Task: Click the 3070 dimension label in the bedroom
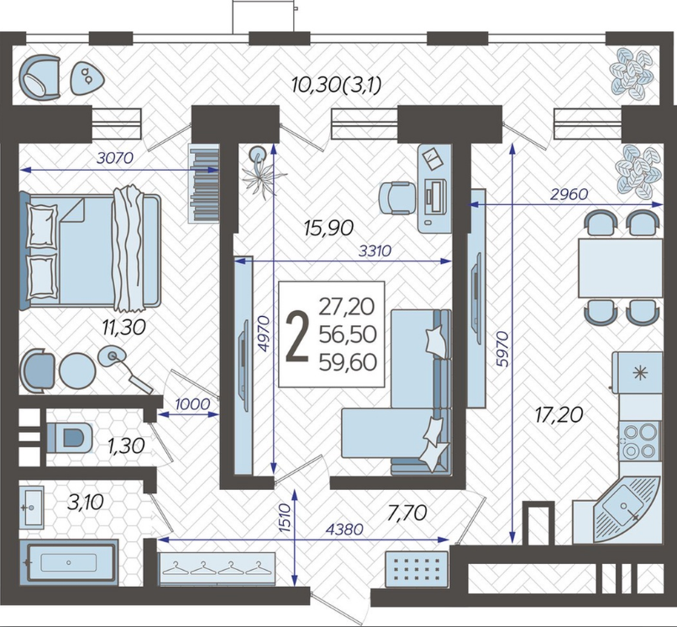[115, 158]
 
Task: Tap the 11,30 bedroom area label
[124, 327]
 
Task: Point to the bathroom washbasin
[32, 508]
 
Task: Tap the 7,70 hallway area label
[407, 513]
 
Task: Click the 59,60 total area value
[348, 362]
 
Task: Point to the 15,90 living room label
[328, 228]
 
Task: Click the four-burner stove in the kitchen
[639, 440]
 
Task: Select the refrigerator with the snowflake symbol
[638, 372]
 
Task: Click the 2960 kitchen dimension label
[569, 194]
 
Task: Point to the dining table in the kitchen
[620, 267]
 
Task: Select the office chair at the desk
[397, 198]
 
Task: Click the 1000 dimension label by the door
[192, 404]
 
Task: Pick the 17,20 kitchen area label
[559, 415]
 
